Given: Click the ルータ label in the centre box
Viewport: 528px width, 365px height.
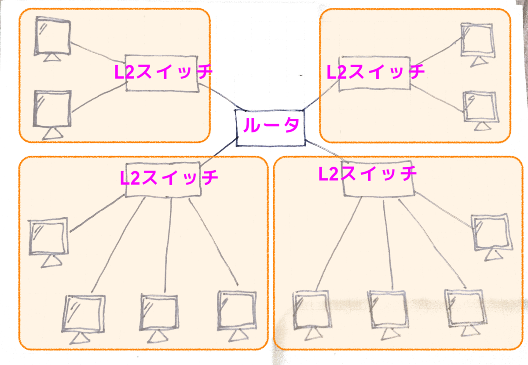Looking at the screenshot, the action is point(271,124).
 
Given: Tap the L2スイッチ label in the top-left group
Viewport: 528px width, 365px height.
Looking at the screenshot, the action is point(163,72).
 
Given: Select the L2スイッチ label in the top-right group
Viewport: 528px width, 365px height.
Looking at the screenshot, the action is point(375,72).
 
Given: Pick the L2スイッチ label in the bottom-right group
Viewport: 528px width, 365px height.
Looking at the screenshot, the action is point(367,173).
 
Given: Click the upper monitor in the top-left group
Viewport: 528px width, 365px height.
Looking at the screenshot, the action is point(52,39).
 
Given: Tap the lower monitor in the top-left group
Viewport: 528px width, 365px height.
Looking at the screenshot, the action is point(52,115).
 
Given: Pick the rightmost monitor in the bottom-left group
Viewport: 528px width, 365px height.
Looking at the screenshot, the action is point(237,316).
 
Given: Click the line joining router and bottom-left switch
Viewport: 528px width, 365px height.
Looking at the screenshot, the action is point(218,152).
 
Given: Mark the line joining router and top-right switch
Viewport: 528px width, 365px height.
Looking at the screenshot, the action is point(321,95).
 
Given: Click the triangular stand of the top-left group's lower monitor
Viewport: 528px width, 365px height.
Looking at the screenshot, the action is point(52,134).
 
